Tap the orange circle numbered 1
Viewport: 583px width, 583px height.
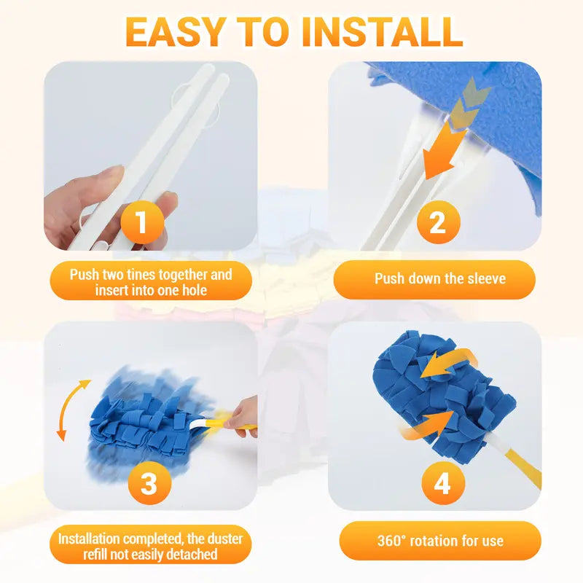(x=141, y=224)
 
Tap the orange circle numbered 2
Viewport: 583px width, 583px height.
(x=437, y=224)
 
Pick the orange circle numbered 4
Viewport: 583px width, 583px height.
(x=442, y=482)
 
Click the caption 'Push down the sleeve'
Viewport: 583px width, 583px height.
(x=439, y=279)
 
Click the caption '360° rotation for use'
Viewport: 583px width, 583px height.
(x=440, y=541)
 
